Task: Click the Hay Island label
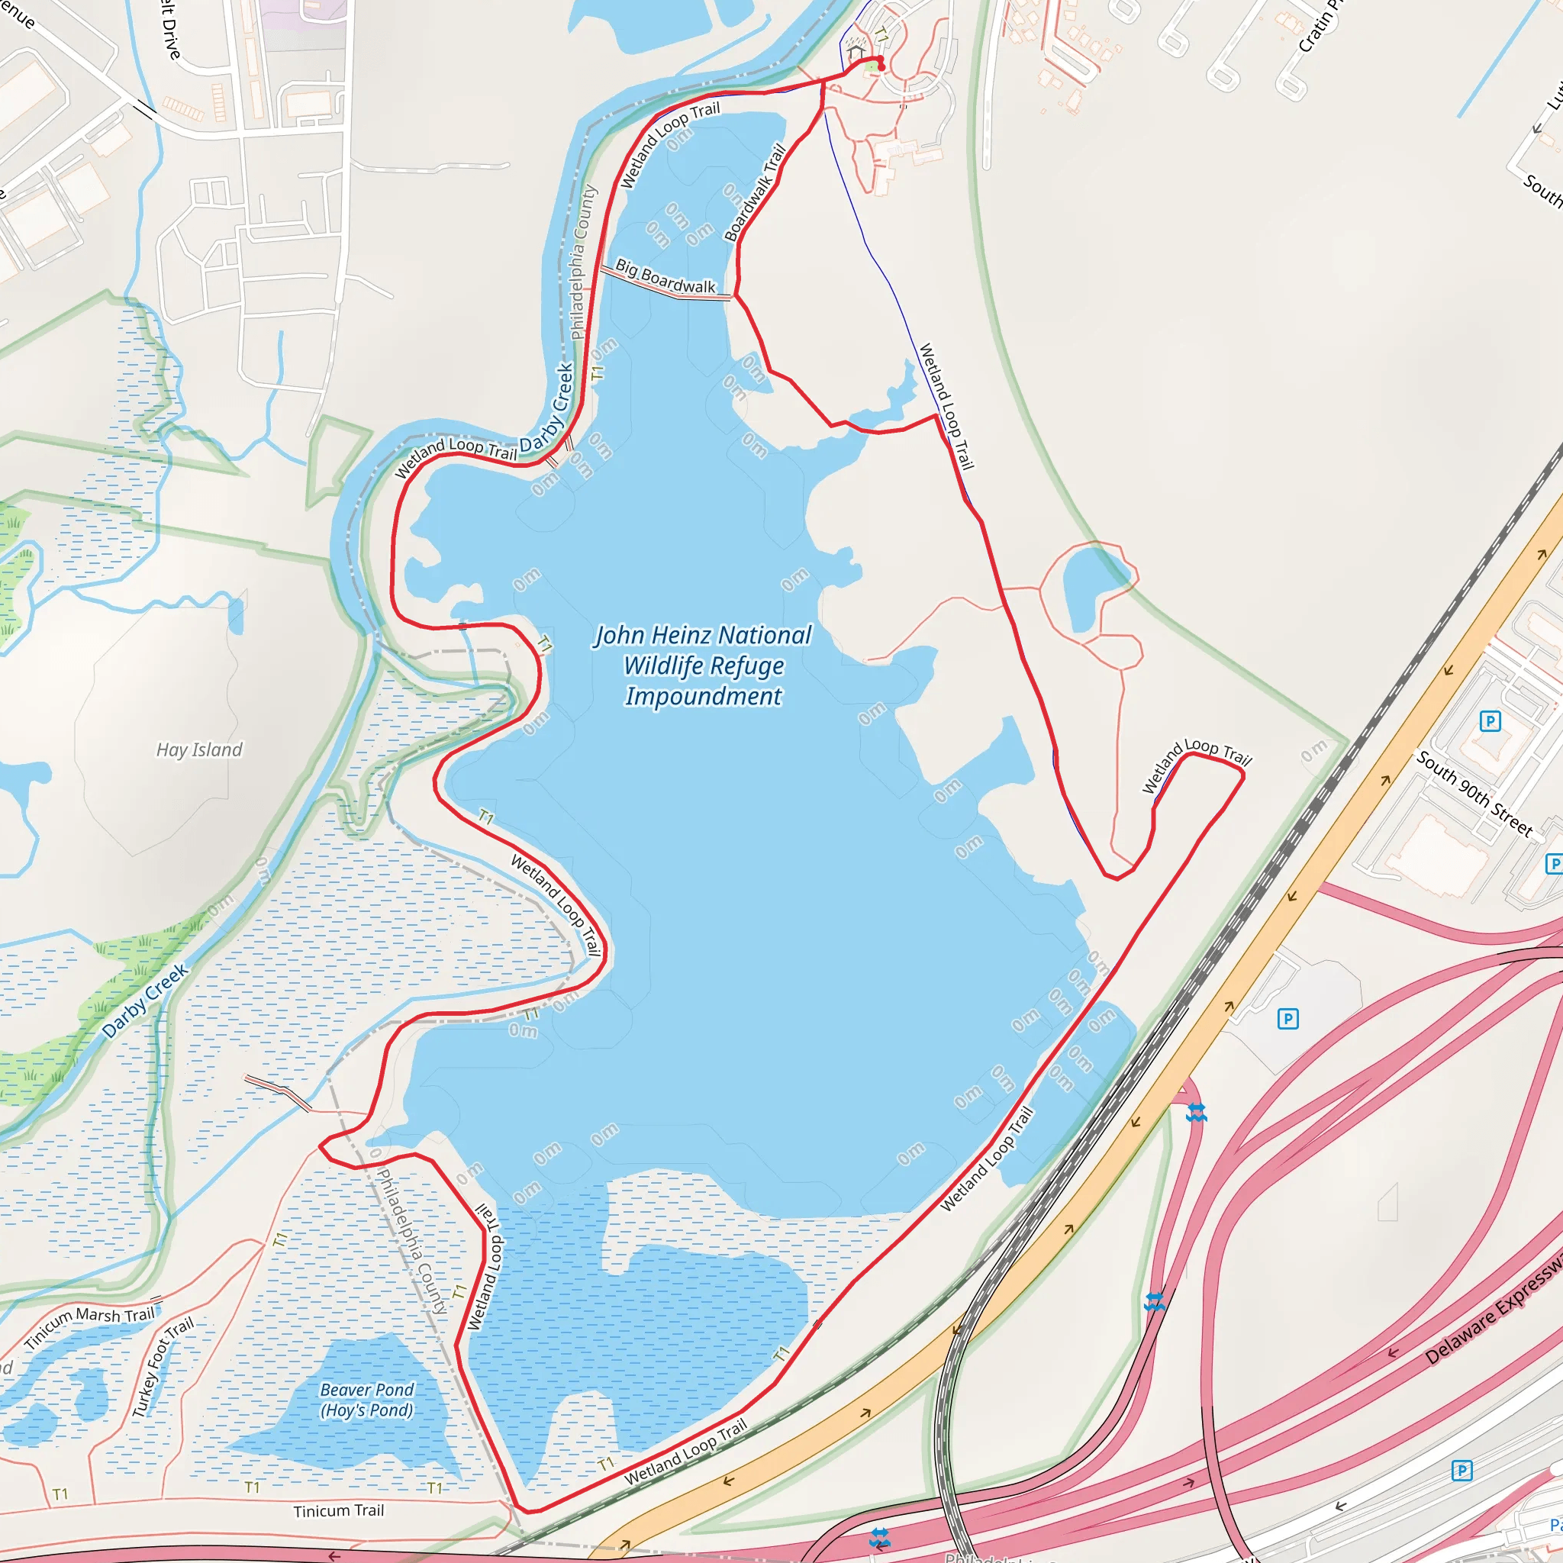pos(199,750)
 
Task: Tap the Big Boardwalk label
pos(665,277)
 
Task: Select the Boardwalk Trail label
pos(755,192)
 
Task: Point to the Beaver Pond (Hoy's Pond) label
pos(366,1400)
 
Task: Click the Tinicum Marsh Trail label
pos(89,1326)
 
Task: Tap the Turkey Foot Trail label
pos(163,1366)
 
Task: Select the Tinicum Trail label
pos(338,1510)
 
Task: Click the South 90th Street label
pos(1474,794)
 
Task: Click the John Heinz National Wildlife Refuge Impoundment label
pos(703,665)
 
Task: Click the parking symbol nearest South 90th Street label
pos(1490,720)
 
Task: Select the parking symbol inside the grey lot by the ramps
pos(1288,1019)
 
